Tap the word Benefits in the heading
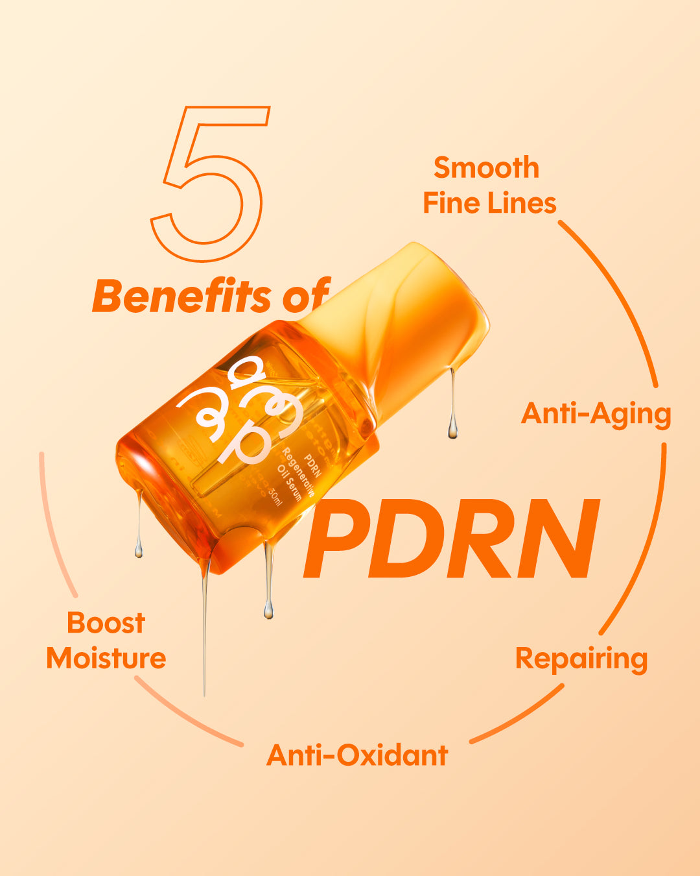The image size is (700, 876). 181,297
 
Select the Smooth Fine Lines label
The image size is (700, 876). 489,186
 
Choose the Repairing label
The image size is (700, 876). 581,659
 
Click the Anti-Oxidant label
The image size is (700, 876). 357,755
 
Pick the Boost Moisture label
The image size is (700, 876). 106,640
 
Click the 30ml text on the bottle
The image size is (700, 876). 275,497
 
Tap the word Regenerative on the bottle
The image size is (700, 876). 298,470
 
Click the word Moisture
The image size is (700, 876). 106,659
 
